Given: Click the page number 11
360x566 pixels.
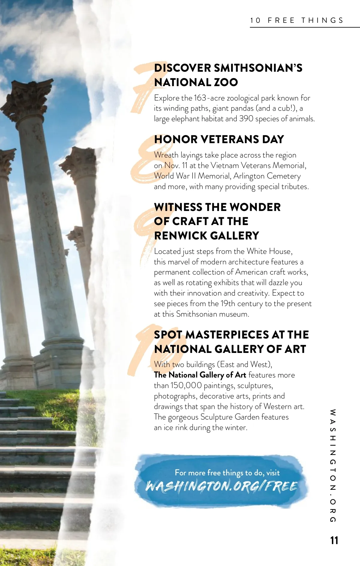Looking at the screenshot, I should [x=334, y=540].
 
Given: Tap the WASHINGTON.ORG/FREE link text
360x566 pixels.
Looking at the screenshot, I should [x=221, y=486].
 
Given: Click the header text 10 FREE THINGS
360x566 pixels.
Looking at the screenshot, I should [x=297, y=20].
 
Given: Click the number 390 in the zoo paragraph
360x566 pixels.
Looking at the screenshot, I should [x=246, y=119].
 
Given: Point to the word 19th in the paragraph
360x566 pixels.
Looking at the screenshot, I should [x=228, y=304].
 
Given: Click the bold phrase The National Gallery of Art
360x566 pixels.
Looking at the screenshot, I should [x=200, y=375].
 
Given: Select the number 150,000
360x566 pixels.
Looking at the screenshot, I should [x=186, y=385].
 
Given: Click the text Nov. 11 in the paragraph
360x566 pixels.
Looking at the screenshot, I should [x=176, y=166].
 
